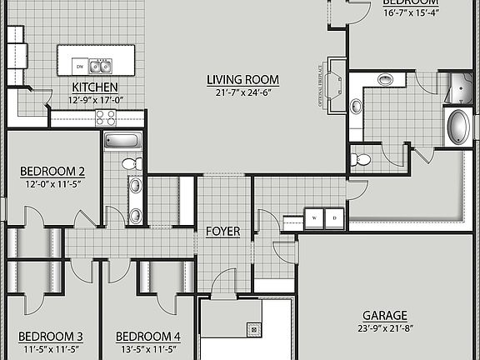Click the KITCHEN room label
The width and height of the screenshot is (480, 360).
point(94,87)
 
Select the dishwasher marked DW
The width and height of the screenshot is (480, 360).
point(79,65)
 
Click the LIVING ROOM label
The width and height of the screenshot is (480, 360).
point(242,80)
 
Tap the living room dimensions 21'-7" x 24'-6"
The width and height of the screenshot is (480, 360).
point(242,92)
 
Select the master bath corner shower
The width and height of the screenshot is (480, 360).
point(459,87)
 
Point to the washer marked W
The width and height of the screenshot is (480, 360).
point(315,217)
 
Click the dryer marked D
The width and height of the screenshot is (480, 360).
point(334,217)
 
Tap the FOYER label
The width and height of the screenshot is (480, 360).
point(222,231)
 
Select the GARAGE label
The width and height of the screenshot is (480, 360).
point(384,316)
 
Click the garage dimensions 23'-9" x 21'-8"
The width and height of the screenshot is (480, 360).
point(384,328)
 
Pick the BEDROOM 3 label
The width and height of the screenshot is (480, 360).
point(51,337)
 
